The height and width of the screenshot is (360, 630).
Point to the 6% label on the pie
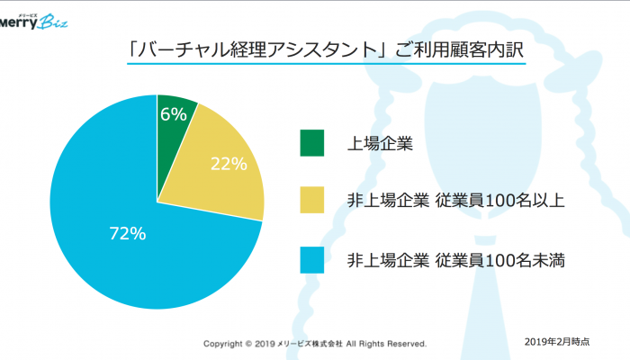pyautogui.click(x=173, y=113)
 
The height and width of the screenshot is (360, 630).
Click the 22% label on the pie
pyautogui.click(x=229, y=164)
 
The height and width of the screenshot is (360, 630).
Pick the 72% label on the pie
pyautogui.click(x=127, y=233)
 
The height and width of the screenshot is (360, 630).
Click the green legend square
pyautogui.click(x=312, y=142)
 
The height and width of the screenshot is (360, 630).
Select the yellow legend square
pyautogui.click(x=312, y=201)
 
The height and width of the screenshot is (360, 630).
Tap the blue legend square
pyautogui.click(x=312, y=260)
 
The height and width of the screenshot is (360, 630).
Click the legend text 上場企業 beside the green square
pyautogui.click(x=380, y=142)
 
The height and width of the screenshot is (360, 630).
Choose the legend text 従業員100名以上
pyautogui.click(x=501, y=201)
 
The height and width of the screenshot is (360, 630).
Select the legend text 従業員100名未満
pyautogui.click(x=501, y=261)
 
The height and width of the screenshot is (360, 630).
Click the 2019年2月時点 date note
pyautogui.click(x=557, y=341)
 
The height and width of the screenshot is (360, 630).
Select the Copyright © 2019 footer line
pyautogui.click(x=314, y=344)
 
